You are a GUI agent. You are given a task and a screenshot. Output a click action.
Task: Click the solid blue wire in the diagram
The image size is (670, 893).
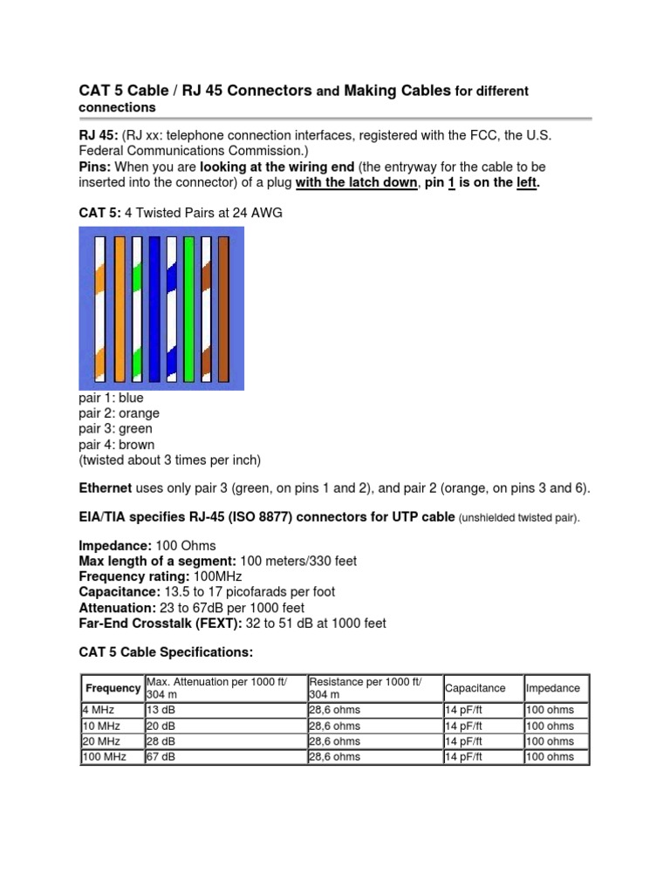[x=154, y=310]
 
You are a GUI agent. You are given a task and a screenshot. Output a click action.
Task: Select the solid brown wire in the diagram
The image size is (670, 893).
[x=223, y=310]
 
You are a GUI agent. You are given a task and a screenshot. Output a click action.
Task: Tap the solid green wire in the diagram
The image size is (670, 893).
[x=188, y=310]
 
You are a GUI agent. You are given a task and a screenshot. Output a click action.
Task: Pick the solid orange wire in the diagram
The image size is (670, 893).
[x=120, y=310]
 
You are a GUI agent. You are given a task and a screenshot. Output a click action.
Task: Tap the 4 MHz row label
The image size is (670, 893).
[x=98, y=710]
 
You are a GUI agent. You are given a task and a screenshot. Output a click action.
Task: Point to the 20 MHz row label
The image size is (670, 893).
[x=101, y=741]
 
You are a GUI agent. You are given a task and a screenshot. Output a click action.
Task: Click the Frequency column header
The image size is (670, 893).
[x=113, y=688]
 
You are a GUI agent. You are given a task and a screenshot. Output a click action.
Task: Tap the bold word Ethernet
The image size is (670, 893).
[x=106, y=488]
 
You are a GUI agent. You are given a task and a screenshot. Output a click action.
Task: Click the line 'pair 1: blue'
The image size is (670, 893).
[x=111, y=398]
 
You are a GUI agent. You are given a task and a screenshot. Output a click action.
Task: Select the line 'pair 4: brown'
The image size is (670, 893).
[x=116, y=445]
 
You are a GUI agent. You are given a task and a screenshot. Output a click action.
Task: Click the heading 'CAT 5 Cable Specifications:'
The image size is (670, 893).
[x=166, y=651]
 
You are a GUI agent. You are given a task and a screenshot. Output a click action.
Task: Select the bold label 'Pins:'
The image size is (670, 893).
[x=95, y=167]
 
